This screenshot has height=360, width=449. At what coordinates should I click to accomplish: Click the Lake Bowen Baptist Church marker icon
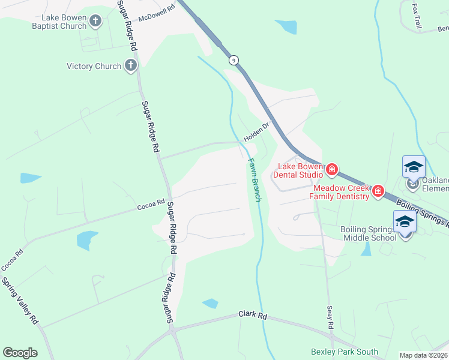click(95, 22)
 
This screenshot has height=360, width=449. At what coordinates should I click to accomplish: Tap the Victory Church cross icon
click(131, 66)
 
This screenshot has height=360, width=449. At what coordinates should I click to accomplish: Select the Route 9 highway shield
click(233, 60)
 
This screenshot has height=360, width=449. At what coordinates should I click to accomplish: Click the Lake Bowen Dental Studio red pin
click(331, 171)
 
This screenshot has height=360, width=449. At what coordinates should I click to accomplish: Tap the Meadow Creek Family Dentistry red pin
click(378, 191)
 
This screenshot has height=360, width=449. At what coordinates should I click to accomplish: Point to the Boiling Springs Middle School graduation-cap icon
click(405, 223)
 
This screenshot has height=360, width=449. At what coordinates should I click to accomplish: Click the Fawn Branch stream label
click(255, 179)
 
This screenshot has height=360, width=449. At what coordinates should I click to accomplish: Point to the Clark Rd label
click(252, 314)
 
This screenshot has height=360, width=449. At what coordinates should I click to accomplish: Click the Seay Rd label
click(330, 317)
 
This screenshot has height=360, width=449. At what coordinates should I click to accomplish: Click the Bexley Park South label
click(345, 352)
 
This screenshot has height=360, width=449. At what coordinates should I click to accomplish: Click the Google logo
click(20, 353)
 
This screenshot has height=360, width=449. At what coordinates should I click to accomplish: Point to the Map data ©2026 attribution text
click(423, 355)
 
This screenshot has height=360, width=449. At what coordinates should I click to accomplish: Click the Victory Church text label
click(94, 66)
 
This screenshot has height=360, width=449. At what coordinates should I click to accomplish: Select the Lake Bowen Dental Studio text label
click(298, 170)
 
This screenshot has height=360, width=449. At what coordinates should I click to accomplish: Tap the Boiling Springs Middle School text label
click(369, 233)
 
